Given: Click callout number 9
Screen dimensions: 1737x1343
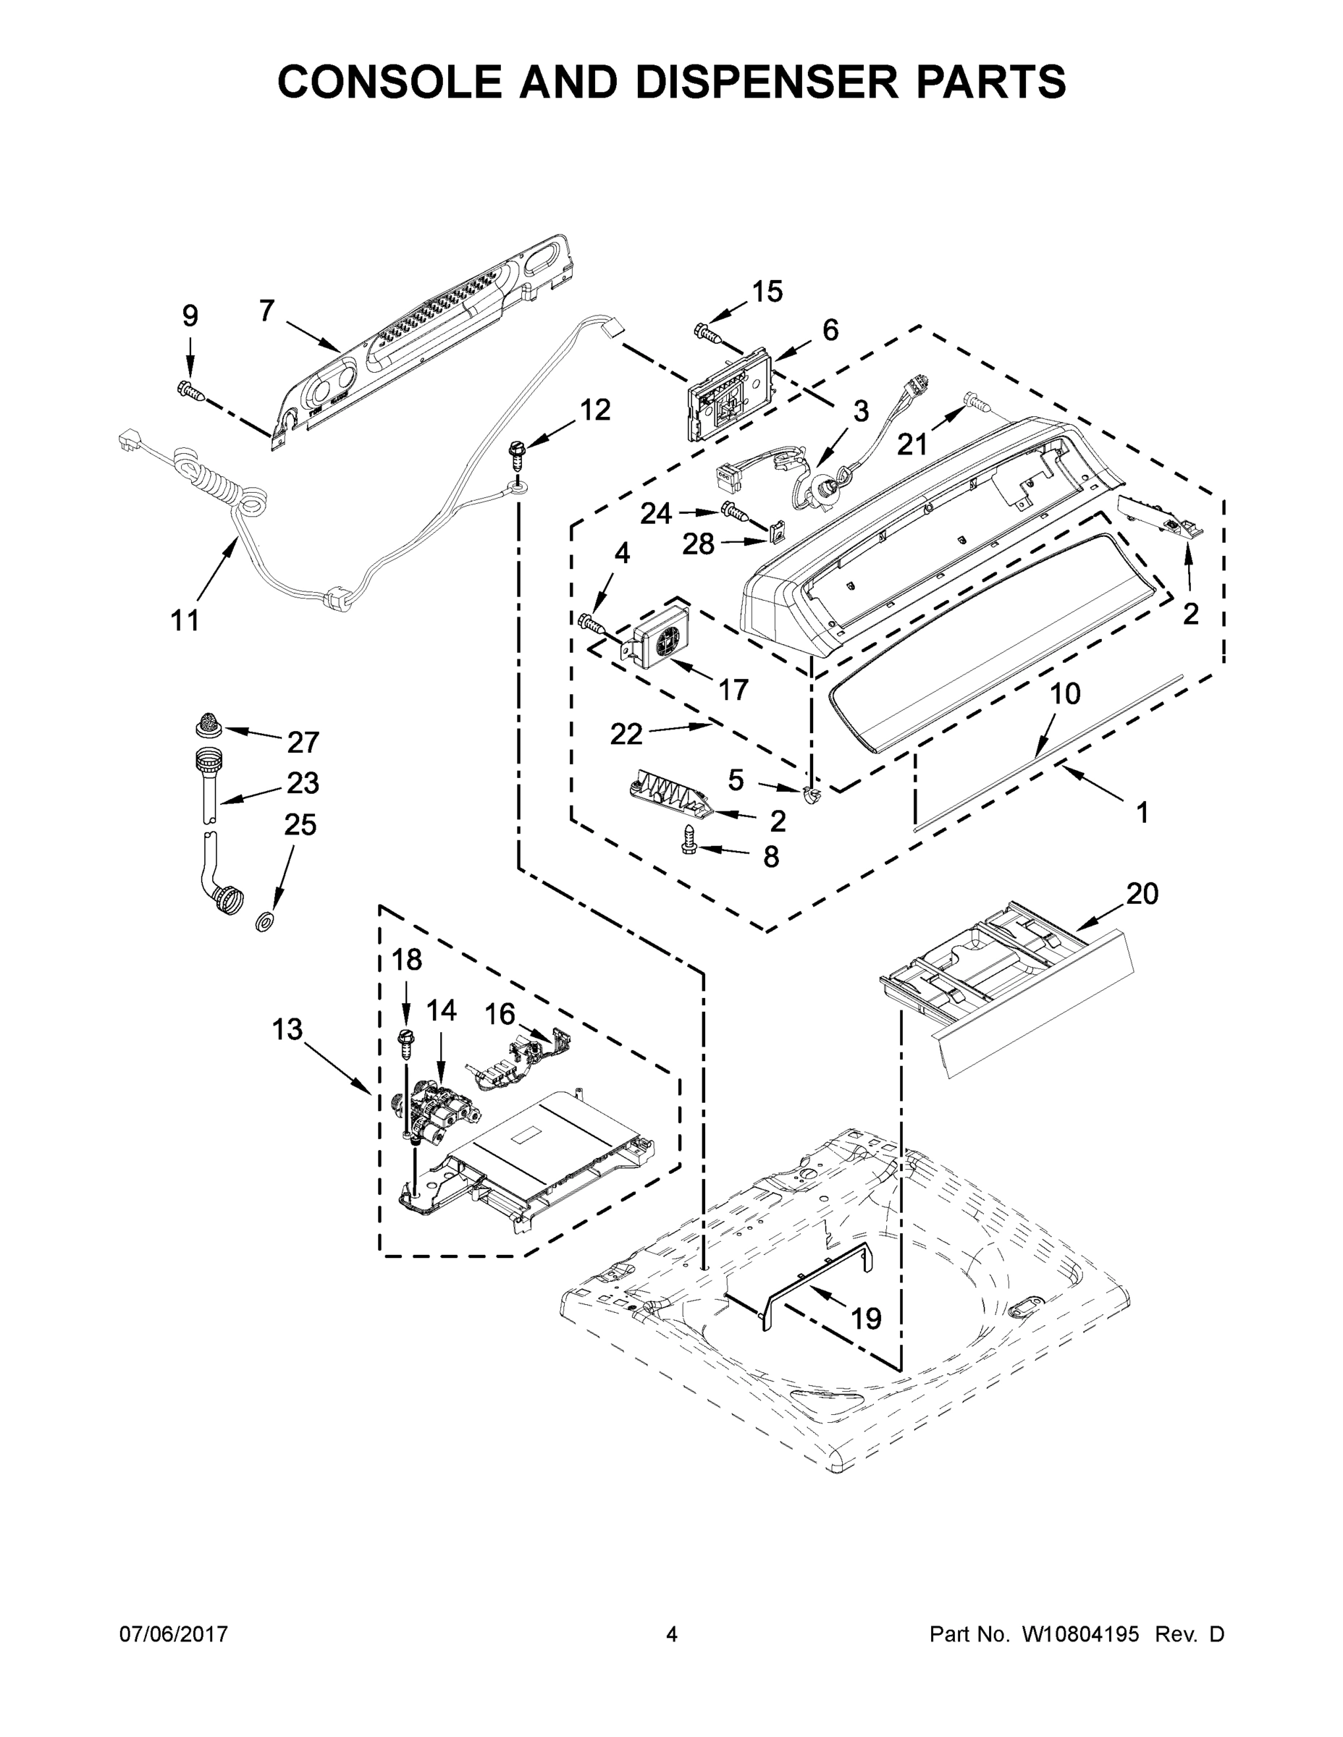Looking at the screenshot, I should point(190,316).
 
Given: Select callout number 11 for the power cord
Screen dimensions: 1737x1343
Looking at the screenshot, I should point(185,620).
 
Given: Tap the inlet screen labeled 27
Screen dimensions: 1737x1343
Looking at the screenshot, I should point(209,723).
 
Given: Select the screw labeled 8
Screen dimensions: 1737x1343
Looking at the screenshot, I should point(689,839).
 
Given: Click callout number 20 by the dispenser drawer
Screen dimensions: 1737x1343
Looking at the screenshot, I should point(1142,894).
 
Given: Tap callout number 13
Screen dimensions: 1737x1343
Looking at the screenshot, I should point(287,1029).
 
